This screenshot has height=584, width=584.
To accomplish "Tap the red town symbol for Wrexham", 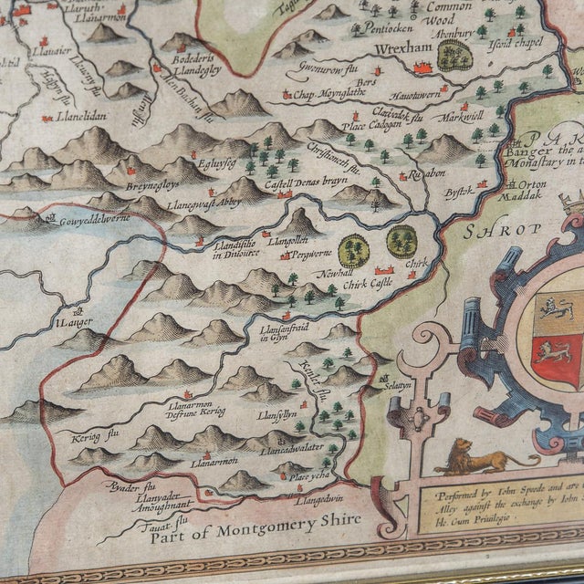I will click(422, 66).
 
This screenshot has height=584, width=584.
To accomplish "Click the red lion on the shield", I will click(551, 352).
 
